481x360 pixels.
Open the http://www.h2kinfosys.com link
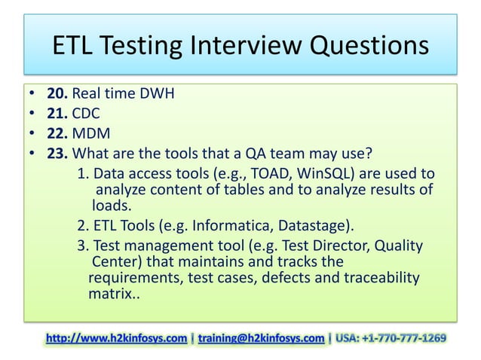(x=117, y=338)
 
